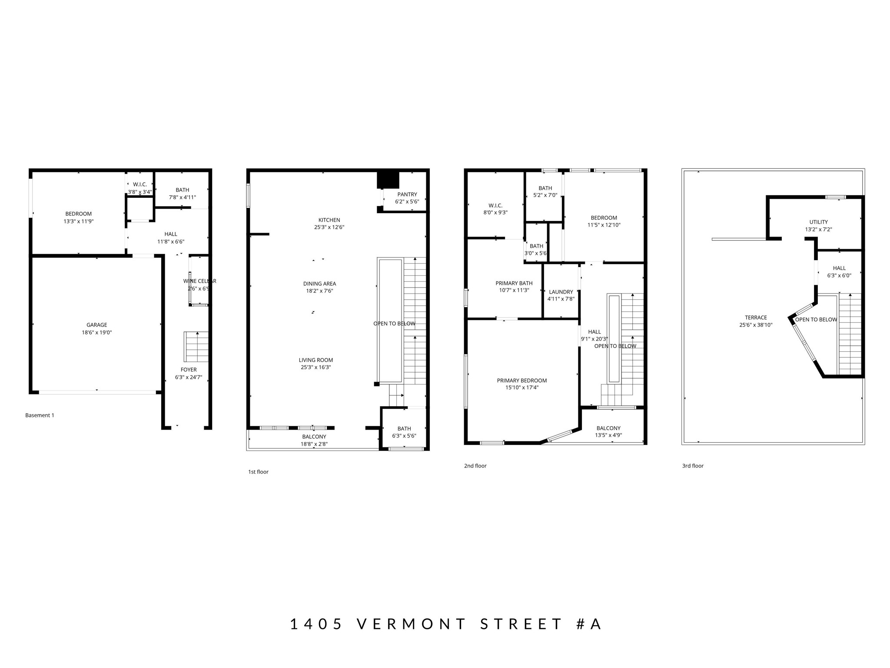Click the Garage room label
(96, 325)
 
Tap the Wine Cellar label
(199, 281)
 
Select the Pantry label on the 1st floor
(407, 194)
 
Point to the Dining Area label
(319, 284)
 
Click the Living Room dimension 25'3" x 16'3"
(315, 367)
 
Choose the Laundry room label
(561, 292)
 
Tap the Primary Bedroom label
(521, 381)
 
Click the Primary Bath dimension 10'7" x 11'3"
(514, 291)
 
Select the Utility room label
(818, 222)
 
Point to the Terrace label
(756, 317)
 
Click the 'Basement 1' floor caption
(40, 415)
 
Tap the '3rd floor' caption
(693, 466)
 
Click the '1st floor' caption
(258, 472)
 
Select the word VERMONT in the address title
(412, 624)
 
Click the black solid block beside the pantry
(388, 180)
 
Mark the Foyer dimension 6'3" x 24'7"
(189, 377)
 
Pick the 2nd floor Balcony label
(608, 428)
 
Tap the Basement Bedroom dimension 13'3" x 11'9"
(79, 221)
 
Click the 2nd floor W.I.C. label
(495, 205)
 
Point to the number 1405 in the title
(316, 624)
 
